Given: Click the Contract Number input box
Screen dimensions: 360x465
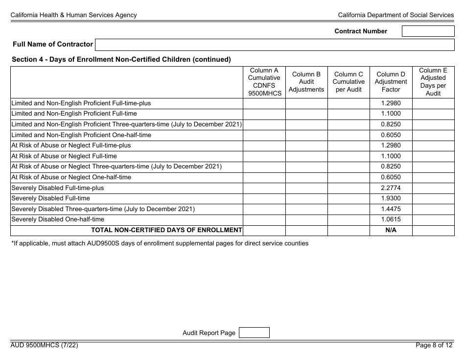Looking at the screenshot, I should click(x=428, y=31).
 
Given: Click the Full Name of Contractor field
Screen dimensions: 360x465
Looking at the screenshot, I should click(x=274, y=45).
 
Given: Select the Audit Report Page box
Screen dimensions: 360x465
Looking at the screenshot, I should click(x=254, y=333).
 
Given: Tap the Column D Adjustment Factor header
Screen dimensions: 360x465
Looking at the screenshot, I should click(x=391, y=82).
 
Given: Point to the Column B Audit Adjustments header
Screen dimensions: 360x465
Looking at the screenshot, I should click(x=306, y=82).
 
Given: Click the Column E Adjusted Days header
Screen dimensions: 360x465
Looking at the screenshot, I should click(x=433, y=82).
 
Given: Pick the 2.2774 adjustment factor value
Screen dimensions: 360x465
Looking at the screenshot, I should click(x=391, y=188).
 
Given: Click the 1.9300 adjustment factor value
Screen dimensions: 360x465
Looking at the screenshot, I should click(x=391, y=198).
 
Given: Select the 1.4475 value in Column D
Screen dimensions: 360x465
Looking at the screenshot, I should click(x=391, y=209).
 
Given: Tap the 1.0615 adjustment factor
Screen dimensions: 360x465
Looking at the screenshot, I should click(x=391, y=219).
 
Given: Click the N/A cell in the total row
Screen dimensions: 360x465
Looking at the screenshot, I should click(x=391, y=230).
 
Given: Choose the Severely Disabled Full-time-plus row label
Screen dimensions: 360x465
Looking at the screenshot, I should click(x=57, y=188).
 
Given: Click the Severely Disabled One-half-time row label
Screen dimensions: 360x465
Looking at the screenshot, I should click(x=57, y=219).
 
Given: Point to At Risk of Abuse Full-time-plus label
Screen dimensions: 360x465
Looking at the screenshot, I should click(x=71, y=145).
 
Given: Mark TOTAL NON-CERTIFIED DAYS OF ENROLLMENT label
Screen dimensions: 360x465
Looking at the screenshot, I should click(x=166, y=230).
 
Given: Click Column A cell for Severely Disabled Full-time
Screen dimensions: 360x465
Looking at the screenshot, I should click(x=264, y=198).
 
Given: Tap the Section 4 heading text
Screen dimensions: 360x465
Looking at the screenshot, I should click(x=121, y=60).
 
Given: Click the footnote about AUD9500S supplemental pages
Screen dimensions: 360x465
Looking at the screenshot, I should click(x=160, y=243).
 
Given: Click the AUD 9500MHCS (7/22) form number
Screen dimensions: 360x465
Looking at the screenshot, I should click(x=44, y=345).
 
